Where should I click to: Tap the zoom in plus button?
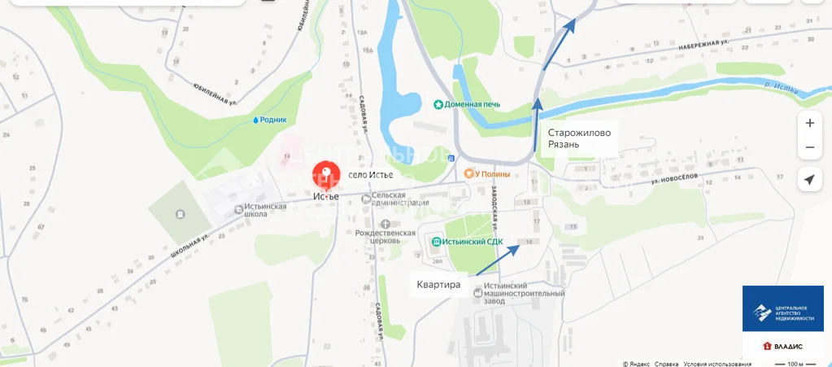(809, 124)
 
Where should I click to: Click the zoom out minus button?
(809, 148)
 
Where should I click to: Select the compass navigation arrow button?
(809, 180)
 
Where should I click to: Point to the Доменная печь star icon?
(438, 104)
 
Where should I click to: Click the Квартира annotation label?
(438, 285)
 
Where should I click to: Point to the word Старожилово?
(578, 133)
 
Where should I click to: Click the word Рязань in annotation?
(564, 145)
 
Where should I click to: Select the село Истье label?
(370, 174)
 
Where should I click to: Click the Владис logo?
(782, 346)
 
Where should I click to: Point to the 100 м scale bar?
(790, 364)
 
